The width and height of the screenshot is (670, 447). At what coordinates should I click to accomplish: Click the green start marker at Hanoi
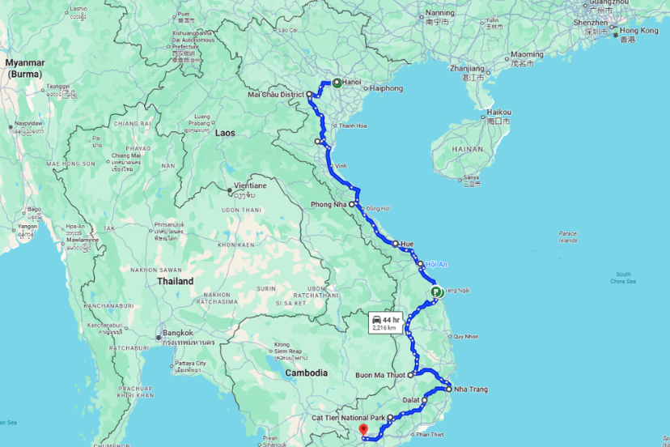[336, 83]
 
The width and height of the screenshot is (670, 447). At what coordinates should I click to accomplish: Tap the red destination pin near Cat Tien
[363, 429]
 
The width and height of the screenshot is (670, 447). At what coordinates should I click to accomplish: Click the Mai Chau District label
[276, 95]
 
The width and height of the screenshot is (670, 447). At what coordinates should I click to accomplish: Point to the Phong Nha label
[328, 204]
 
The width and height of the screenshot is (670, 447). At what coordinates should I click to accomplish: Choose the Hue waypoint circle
[396, 243]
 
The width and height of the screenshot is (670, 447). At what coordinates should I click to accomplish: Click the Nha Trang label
[471, 390]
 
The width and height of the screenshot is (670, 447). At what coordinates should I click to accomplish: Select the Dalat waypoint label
[412, 400]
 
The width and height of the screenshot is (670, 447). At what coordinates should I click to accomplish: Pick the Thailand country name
[176, 281]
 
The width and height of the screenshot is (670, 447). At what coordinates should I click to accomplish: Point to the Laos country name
[224, 132]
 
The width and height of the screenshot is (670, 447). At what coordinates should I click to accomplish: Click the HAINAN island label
[468, 150]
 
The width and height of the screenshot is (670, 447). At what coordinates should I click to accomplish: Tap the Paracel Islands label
[568, 236]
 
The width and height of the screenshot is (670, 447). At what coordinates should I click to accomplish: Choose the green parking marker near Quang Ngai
[436, 292]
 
